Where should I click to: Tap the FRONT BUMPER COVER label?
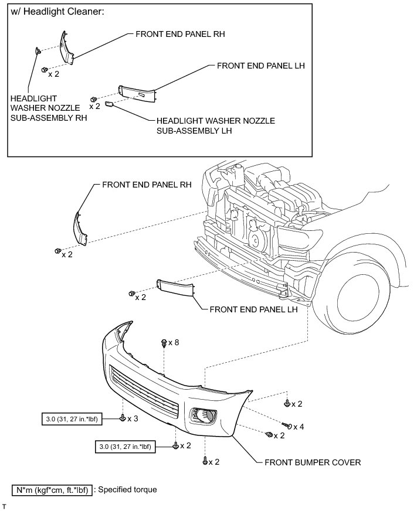(x=313, y=462)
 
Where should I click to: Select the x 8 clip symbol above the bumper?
(x=164, y=342)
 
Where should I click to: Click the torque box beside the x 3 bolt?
(x=72, y=419)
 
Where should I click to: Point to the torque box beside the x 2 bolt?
(x=126, y=447)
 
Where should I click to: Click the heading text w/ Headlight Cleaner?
(x=57, y=12)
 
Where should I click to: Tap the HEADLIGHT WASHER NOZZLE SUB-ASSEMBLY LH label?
(x=216, y=126)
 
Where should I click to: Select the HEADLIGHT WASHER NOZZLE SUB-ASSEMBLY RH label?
(x=49, y=108)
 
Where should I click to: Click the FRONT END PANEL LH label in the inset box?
(x=261, y=66)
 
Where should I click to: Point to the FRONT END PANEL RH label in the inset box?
(x=180, y=34)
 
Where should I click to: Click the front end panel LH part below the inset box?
(x=176, y=288)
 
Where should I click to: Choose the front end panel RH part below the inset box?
(x=79, y=229)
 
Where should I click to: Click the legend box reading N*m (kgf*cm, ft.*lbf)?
(x=52, y=490)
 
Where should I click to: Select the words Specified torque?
(x=128, y=489)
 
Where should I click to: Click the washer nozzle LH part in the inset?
(x=109, y=104)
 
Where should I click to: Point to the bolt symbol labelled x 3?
(x=123, y=418)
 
